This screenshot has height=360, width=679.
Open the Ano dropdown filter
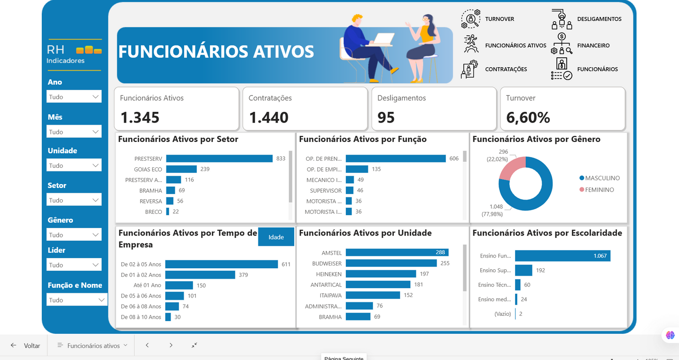point(74,97)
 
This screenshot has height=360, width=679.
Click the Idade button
point(276,237)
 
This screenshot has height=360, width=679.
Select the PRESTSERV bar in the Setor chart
point(219,159)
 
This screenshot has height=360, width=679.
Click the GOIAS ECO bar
point(181,169)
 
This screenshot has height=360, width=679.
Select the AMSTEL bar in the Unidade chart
point(397,252)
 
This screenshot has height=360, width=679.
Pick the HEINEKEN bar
point(381,274)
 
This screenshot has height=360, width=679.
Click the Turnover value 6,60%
point(528,117)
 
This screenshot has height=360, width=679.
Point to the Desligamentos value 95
point(386,117)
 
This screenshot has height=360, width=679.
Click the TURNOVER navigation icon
point(470,19)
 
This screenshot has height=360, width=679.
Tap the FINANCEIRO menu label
point(593,46)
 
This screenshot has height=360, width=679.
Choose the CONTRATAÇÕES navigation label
point(506,69)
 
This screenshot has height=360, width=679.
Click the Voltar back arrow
point(14,345)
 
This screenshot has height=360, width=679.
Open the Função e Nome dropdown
point(77,300)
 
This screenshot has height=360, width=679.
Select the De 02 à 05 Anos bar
point(221,265)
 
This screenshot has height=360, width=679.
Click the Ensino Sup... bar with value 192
point(523,270)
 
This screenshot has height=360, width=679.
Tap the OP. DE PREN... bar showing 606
point(395,159)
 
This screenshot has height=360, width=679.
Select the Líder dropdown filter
point(74,265)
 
